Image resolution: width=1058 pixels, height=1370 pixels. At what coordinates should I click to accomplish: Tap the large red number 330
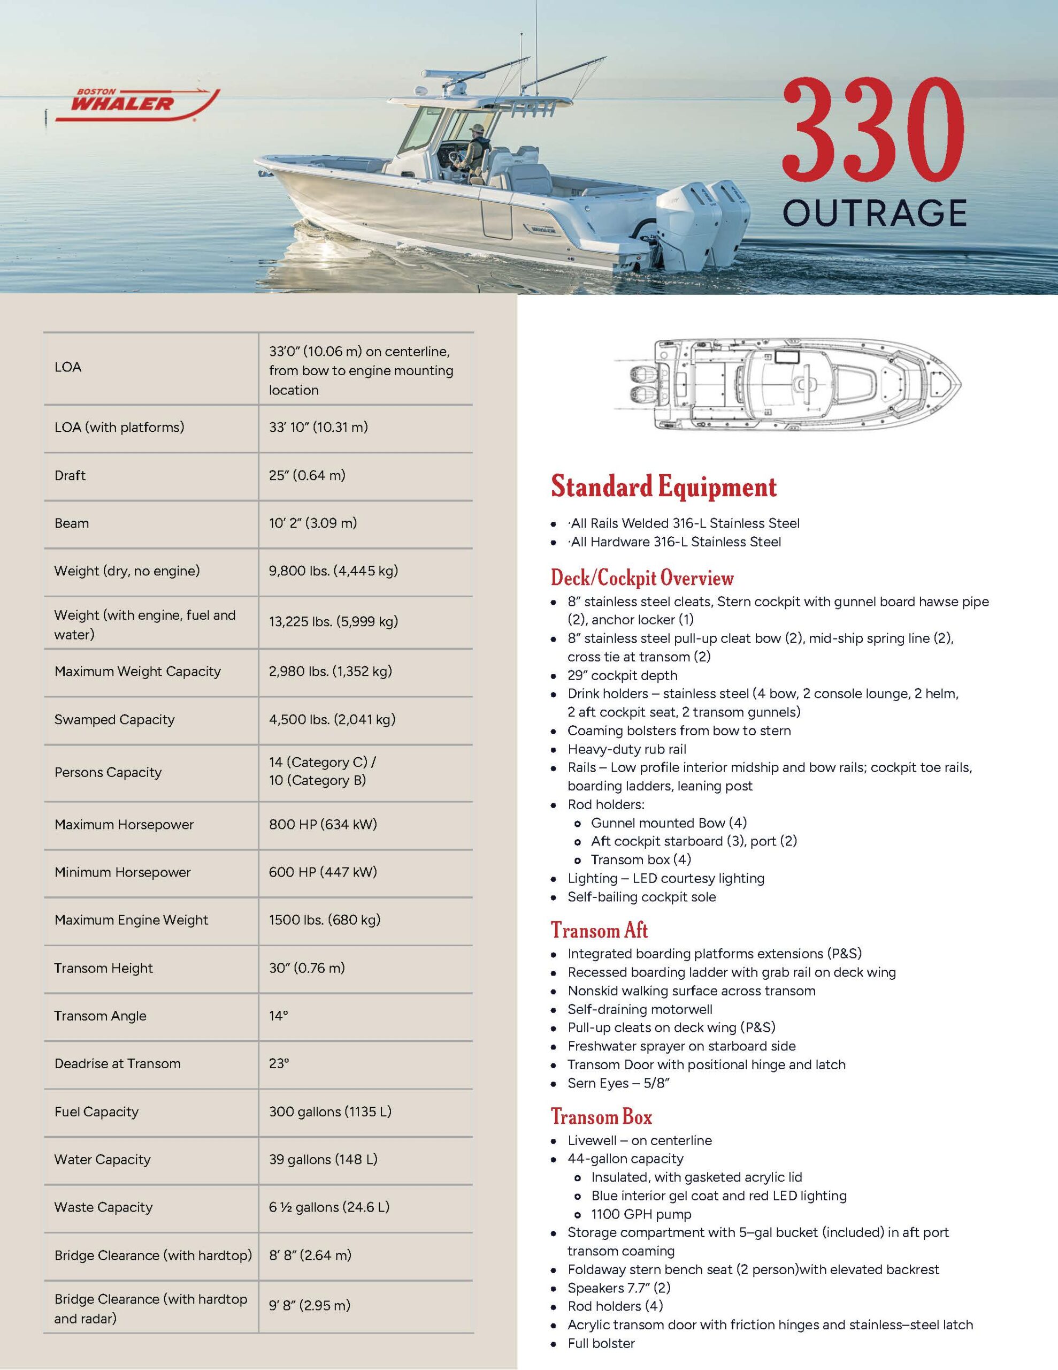tap(873, 128)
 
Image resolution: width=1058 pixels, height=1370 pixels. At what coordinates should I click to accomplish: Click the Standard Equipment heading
tap(664, 487)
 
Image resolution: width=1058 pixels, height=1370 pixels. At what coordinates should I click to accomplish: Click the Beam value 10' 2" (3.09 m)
tap(313, 523)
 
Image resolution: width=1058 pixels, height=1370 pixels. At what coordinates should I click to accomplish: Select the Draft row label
tap(70, 475)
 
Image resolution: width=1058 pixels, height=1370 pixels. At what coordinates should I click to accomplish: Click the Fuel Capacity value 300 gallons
tap(330, 1112)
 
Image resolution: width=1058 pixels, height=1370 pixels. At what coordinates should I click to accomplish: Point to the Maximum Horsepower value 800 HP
tap(323, 824)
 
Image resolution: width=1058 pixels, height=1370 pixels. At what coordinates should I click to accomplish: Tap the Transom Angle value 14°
tap(279, 1016)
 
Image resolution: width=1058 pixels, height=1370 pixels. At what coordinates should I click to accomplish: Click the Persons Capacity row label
tap(108, 772)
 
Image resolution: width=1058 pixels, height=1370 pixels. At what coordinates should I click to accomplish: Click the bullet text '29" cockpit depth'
tap(622, 675)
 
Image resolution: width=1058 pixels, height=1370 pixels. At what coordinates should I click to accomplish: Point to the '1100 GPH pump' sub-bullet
tap(641, 1214)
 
